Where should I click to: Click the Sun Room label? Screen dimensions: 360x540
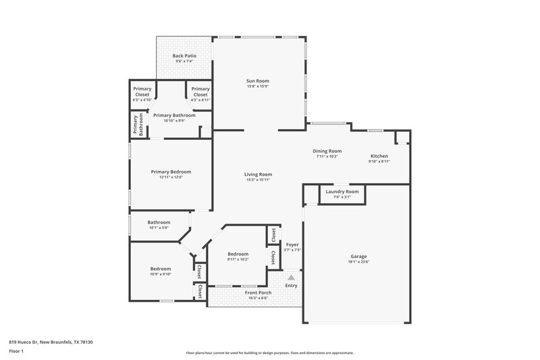click(x=258, y=80)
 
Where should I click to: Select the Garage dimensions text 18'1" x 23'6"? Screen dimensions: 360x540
click(x=358, y=263)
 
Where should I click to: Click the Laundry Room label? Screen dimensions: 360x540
click(x=342, y=191)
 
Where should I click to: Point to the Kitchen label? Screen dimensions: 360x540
click(x=379, y=155)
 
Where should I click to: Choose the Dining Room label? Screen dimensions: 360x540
click(x=327, y=151)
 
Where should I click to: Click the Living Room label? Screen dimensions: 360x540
click(x=258, y=174)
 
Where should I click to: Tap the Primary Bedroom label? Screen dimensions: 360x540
click(x=171, y=172)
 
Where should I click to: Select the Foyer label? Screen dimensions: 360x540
click(x=292, y=244)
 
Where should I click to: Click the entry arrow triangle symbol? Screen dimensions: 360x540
click(x=291, y=277)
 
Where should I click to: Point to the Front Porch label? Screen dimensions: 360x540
click(x=239, y=292)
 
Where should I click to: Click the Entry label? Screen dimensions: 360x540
click(x=291, y=286)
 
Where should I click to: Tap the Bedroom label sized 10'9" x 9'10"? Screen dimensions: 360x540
click(x=161, y=269)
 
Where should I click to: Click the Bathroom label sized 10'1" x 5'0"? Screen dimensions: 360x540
click(x=159, y=222)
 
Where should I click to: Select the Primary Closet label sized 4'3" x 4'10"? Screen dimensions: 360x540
click(x=142, y=91)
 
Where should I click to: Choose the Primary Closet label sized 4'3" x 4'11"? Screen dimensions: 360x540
click(x=200, y=91)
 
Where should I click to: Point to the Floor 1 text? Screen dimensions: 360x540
click(x=17, y=351)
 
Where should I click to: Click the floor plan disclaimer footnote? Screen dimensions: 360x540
click(x=269, y=353)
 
